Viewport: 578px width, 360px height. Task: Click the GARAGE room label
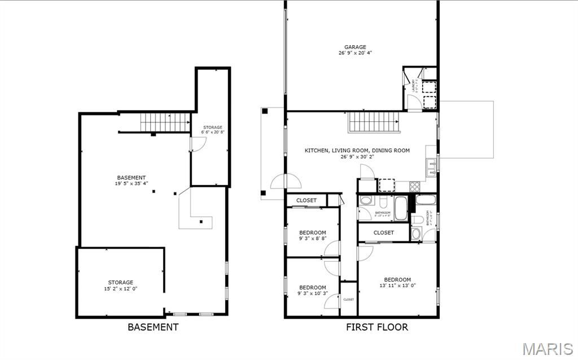356,47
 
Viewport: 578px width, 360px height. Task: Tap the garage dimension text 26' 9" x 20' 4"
356,53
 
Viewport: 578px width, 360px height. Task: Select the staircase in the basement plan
165,122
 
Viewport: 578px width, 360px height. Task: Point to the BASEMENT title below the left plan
153,327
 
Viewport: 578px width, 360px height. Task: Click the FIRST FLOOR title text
377,327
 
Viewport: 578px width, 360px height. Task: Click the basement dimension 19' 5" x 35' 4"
132,183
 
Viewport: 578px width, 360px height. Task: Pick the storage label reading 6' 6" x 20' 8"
213,132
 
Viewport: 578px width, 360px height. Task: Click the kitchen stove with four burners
414,186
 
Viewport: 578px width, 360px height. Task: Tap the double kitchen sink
431,164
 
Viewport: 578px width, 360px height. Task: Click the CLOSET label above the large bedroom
384,232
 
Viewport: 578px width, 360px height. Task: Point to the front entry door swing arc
286,182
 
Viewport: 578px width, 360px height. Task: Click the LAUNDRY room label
414,86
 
